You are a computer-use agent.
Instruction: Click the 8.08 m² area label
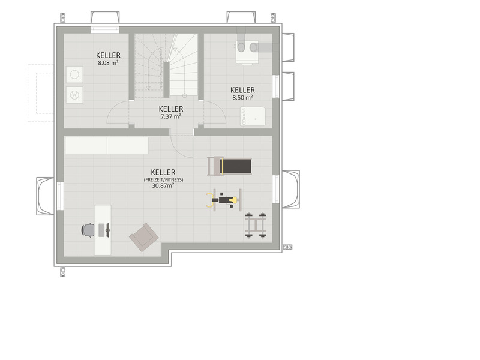109,63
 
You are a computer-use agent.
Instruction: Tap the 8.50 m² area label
242,98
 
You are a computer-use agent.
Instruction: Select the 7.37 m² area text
171,116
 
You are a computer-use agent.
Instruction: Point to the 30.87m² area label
163,185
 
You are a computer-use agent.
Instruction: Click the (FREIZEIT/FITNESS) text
163,179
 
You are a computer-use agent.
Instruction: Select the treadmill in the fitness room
230,166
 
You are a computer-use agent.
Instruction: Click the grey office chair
88,230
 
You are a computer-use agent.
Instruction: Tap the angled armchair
144,237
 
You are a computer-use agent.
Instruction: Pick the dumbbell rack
256,225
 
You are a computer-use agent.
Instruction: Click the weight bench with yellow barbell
224,200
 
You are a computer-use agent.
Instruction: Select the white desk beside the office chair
103,230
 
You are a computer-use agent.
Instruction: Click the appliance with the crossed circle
74,95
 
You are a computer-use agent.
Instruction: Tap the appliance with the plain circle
74,74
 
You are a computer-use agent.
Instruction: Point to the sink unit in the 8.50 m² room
253,116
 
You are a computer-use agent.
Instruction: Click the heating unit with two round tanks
247,52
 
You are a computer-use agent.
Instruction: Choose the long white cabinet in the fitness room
107,145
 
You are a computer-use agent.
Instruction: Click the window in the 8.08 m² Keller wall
105,29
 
